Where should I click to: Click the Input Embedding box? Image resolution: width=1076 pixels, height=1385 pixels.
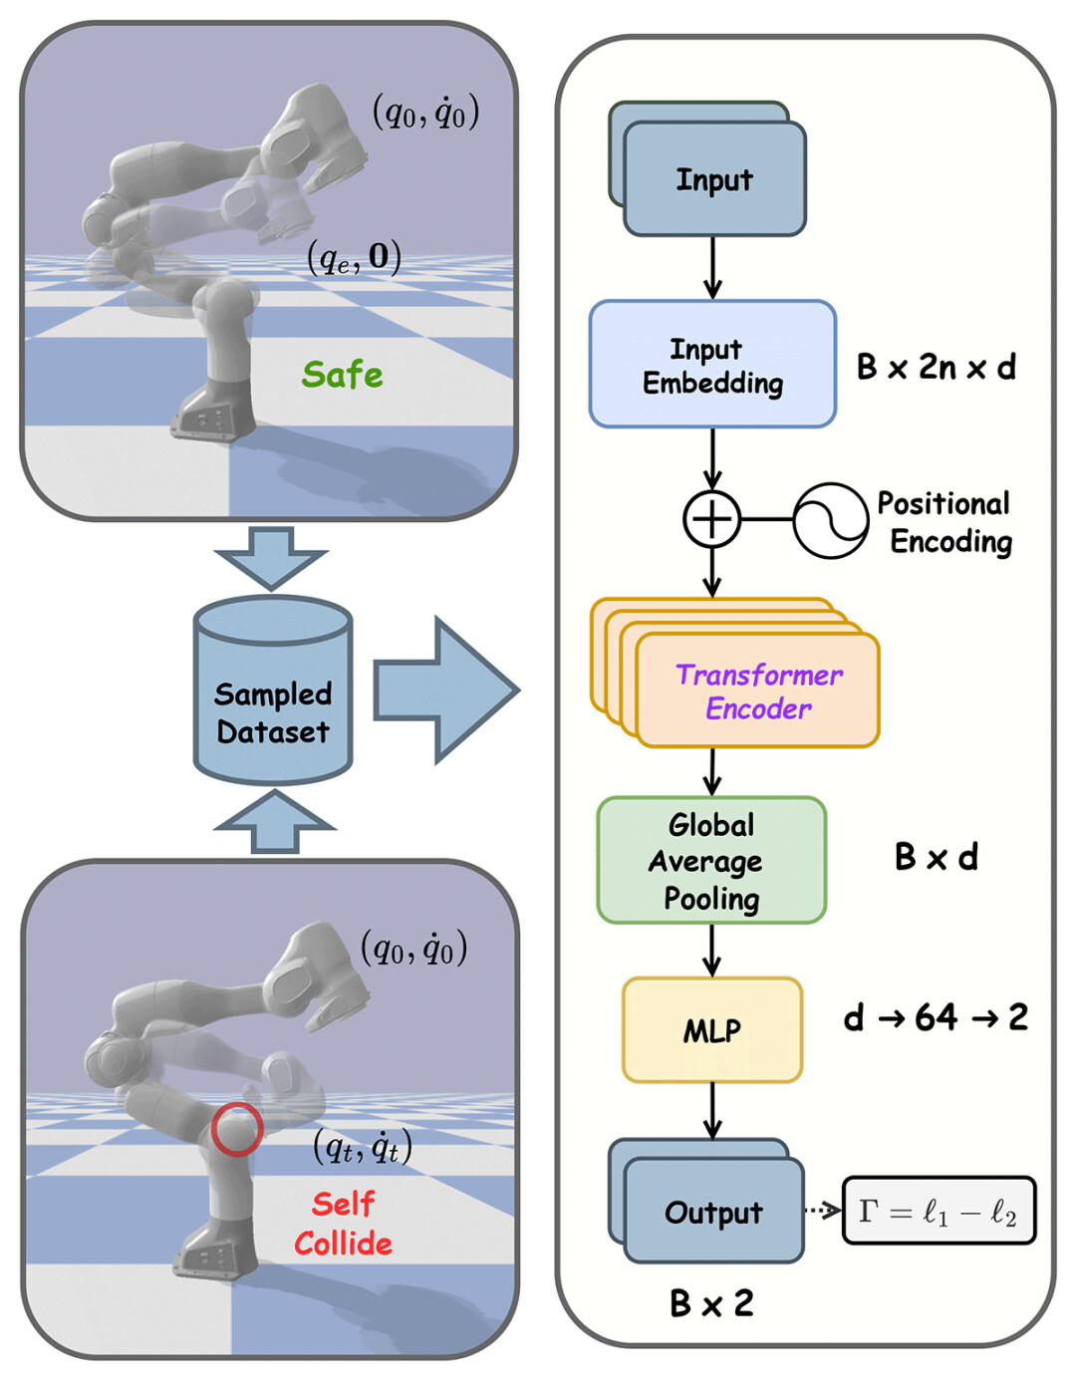(x=712, y=365)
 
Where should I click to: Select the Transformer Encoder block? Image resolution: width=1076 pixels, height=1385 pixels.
(x=757, y=691)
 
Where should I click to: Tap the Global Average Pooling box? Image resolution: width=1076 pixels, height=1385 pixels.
(x=711, y=861)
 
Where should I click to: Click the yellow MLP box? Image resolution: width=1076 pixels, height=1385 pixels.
(x=711, y=1030)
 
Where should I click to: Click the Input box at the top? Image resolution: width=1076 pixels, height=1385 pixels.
(x=713, y=179)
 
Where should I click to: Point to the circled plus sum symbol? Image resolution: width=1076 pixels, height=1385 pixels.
(x=711, y=519)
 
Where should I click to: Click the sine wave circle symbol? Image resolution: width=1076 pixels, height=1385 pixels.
(x=830, y=520)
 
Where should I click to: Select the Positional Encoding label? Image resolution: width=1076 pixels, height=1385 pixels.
(x=945, y=522)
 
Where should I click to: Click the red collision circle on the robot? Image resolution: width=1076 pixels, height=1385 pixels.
(x=236, y=1129)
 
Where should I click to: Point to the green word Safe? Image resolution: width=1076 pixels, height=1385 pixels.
(x=342, y=375)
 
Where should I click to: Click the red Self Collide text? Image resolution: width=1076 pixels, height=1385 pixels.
(x=343, y=1224)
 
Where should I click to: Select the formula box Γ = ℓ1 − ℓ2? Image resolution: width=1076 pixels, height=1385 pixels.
(x=939, y=1211)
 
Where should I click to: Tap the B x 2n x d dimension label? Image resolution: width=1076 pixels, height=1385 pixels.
(x=936, y=367)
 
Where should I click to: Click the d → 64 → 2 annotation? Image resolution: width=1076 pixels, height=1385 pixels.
(x=936, y=1017)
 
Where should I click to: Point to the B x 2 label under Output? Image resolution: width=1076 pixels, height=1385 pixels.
(x=711, y=1303)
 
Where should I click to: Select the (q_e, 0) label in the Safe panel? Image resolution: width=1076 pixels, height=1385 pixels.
(x=354, y=258)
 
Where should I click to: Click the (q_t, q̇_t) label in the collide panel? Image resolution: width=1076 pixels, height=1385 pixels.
(x=363, y=1148)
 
